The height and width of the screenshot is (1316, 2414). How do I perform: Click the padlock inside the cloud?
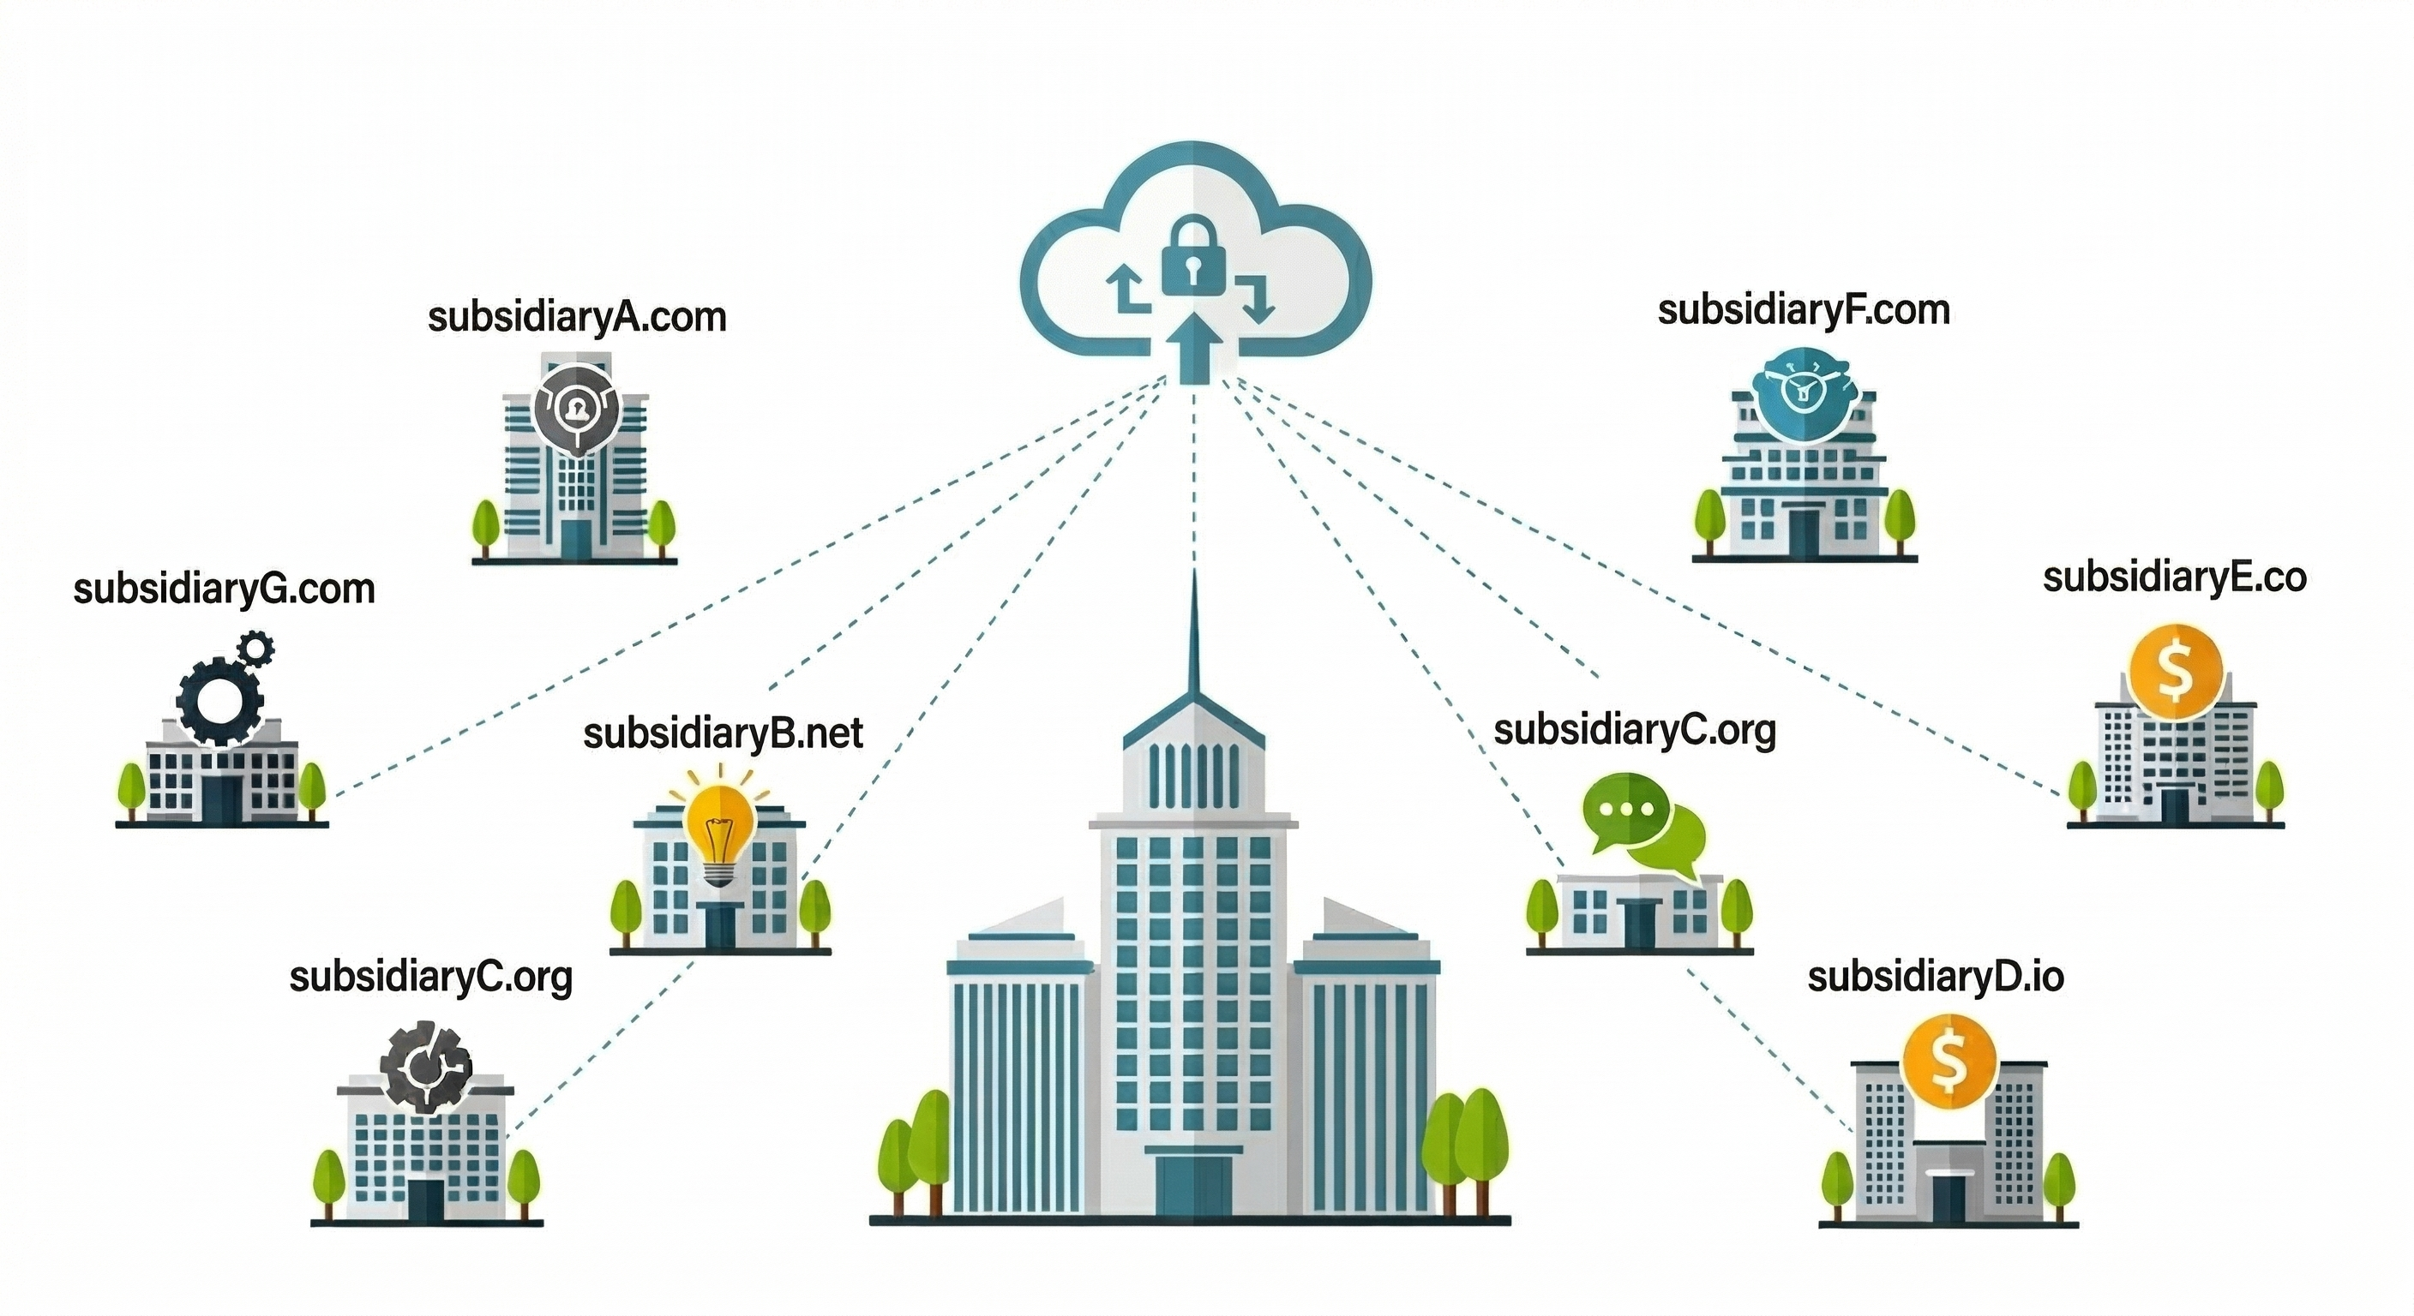coord(1195,259)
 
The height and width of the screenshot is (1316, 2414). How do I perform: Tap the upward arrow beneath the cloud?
coord(1193,346)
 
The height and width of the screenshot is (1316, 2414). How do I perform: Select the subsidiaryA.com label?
coord(576,318)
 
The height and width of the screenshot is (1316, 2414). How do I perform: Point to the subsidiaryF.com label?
coord(1803,310)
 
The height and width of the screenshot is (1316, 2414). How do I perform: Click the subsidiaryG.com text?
coord(224,590)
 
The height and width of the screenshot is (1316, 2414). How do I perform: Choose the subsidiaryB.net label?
coord(723,733)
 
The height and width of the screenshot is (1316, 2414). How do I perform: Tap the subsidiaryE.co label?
coord(2174,578)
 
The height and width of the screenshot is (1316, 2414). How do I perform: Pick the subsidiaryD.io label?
coord(1935,977)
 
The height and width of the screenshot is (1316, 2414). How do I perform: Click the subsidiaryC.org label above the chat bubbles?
coord(1634,731)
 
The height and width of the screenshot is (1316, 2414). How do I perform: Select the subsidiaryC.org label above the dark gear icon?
coord(430,977)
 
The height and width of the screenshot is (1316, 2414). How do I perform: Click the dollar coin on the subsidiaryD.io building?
coord(1949,1061)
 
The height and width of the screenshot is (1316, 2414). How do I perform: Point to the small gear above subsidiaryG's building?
coord(255,647)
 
